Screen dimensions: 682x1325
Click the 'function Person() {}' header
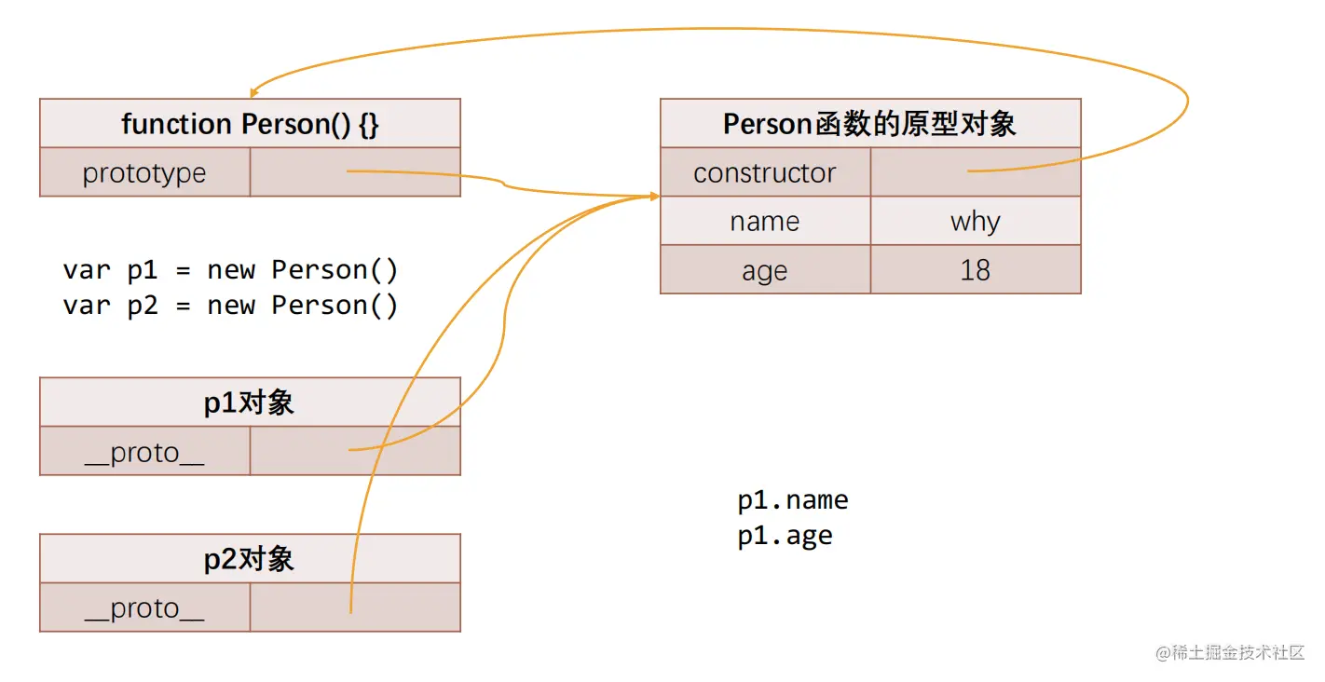coord(250,124)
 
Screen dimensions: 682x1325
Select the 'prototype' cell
coord(144,173)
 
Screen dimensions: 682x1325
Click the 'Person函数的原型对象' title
coord(869,124)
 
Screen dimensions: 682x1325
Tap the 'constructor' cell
coord(765,173)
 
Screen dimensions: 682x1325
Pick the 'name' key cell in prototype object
coord(765,222)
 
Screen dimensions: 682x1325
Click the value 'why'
coord(975,222)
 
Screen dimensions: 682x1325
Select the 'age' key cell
coord(765,271)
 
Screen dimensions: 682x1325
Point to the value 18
coord(975,271)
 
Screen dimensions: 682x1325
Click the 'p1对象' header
coord(250,402)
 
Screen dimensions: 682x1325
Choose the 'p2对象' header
coord(250,559)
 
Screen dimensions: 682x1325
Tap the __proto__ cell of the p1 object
coord(144,453)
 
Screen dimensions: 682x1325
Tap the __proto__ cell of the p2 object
coord(144,608)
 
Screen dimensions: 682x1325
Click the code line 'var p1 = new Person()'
coord(230,270)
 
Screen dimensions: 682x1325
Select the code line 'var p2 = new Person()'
coord(230,306)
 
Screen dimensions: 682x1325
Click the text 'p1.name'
coord(793,500)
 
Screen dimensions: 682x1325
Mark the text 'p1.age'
coord(785,536)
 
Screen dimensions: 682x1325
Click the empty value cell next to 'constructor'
coord(975,172)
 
